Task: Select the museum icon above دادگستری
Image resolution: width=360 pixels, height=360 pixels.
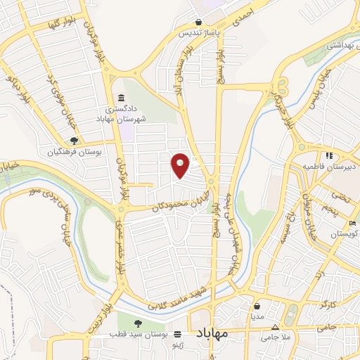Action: point(122,98)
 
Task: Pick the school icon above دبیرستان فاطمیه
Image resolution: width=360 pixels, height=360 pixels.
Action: point(328,155)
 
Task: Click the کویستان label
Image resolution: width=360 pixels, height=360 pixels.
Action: point(344,233)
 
